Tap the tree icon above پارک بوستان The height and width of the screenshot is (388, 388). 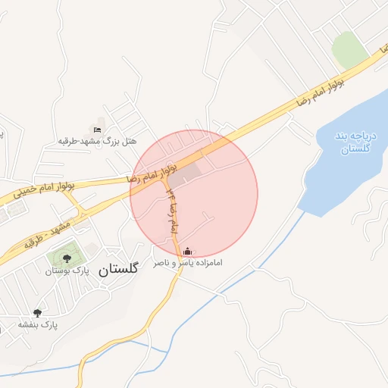(x=67, y=258)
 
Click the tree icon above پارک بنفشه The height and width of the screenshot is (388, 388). (x=37, y=312)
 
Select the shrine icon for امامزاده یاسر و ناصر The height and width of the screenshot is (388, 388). (x=188, y=252)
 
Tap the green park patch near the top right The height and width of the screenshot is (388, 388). (x=349, y=48)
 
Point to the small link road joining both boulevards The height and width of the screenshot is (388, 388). (x=73, y=202)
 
